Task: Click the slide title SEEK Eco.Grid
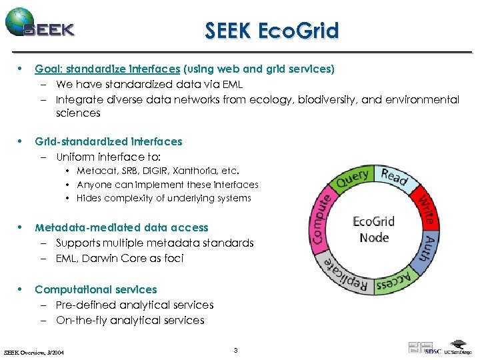coord(272,31)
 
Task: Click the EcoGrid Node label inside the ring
coord(374,229)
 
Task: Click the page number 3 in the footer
coord(237,350)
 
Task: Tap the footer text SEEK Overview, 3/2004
coord(39,351)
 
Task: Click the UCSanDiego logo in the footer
coord(458,351)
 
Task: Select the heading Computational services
coord(96,289)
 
